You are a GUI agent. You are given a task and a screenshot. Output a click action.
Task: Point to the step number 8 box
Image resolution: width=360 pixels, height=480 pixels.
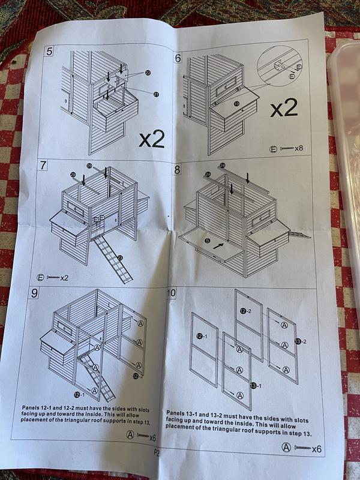coord(177,170)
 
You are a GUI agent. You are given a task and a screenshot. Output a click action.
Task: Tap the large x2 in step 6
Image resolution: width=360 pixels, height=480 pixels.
coord(283,108)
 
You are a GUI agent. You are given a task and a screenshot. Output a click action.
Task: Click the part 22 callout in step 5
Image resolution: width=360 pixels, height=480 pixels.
coord(148,72)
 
